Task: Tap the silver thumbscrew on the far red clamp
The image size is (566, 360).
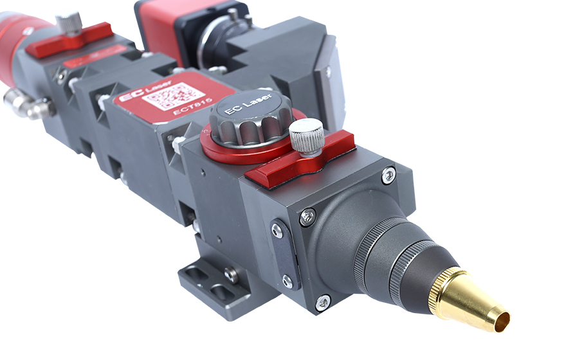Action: [69, 22]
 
